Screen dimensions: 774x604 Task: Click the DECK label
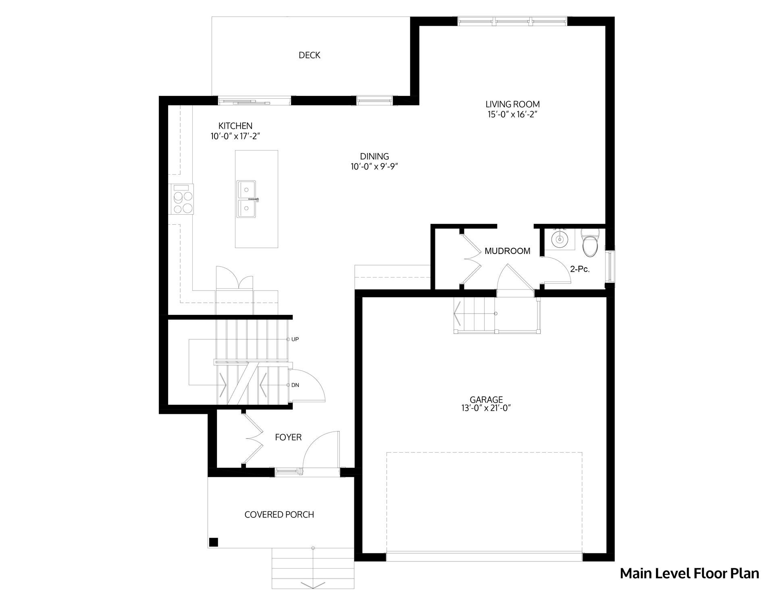click(309, 55)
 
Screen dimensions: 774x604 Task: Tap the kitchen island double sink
click(247, 199)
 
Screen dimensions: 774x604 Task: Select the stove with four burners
click(183, 199)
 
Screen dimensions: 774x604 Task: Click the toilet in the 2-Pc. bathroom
click(590, 242)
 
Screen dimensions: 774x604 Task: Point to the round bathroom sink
click(560, 239)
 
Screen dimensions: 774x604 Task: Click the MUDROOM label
click(507, 251)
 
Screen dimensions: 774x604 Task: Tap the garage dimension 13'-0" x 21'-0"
click(486, 408)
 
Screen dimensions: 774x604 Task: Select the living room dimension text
click(512, 114)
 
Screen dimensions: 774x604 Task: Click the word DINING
click(375, 156)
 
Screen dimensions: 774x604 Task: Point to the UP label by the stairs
click(295, 339)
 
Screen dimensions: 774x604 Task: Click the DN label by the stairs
click(295, 385)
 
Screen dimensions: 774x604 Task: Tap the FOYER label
click(288, 437)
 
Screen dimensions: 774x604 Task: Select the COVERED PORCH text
click(279, 515)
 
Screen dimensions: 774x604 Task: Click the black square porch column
click(214, 542)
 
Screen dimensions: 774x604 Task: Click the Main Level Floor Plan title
click(689, 573)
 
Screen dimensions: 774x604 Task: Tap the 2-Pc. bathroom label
click(580, 269)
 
